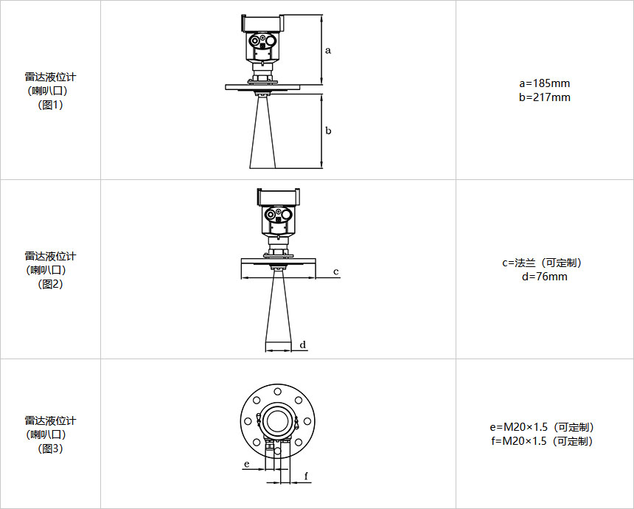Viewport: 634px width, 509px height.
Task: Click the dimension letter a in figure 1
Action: click(x=328, y=51)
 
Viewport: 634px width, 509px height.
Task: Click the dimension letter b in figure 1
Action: click(x=328, y=131)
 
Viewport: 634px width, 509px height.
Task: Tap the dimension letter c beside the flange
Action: click(x=336, y=271)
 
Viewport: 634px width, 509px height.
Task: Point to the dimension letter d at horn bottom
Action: click(x=303, y=344)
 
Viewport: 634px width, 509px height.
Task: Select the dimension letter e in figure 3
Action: click(x=247, y=464)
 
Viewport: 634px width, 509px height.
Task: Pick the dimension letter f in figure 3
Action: click(x=306, y=476)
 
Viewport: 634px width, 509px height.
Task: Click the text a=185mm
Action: click(x=545, y=83)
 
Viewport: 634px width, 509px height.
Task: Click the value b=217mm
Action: click(x=545, y=97)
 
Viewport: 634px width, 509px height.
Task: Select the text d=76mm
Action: click(x=545, y=277)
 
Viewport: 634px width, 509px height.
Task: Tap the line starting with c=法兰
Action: click(x=545, y=263)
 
